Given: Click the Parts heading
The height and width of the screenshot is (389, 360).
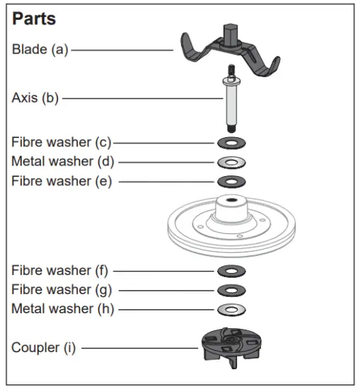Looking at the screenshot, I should pyautogui.click(x=34, y=18).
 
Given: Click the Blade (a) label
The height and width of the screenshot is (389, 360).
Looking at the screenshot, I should pyautogui.click(x=40, y=50).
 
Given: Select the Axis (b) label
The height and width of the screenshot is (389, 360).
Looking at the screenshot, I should pyautogui.click(x=35, y=98).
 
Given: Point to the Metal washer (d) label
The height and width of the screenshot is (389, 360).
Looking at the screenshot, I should pyautogui.click(x=62, y=161).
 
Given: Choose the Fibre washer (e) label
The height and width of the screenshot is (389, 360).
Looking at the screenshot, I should pyautogui.click(x=62, y=181).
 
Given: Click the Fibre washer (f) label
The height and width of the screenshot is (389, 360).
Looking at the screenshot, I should pyautogui.click(x=61, y=270).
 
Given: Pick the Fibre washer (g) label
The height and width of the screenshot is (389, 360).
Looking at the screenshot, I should pyautogui.click(x=62, y=289).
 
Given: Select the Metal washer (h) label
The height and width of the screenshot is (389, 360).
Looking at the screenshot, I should pyautogui.click(x=62, y=309).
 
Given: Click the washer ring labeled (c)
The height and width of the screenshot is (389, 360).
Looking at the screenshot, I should pyautogui.click(x=231, y=142).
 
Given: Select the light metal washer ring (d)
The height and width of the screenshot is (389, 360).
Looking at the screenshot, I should pyautogui.click(x=231, y=162).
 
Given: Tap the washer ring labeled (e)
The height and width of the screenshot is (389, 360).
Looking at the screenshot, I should pyautogui.click(x=231, y=182).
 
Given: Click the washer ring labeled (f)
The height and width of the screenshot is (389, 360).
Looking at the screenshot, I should pyautogui.click(x=231, y=271).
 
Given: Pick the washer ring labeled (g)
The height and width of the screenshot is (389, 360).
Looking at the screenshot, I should pyautogui.click(x=231, y=290).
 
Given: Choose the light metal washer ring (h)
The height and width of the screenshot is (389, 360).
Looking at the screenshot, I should pyautogui.click(x=231, y=309).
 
